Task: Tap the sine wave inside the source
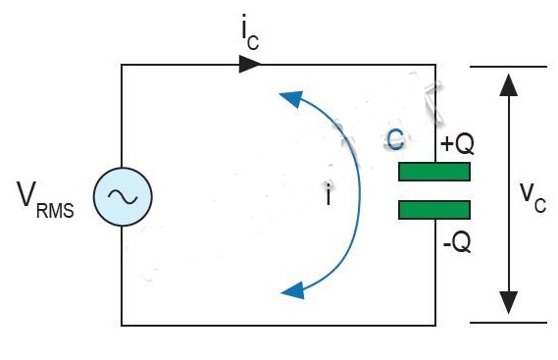[x=123, y=196]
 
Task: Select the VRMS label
[x=45, y=199]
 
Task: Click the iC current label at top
[x=250, y=32]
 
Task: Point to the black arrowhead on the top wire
[x=250, y=65]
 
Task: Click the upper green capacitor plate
[x=434, y=172]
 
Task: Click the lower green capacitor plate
[x=434, y=209]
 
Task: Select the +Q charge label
[x=457, y=144]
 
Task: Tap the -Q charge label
[x=457, y=243]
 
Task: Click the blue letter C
[x=395, y=139]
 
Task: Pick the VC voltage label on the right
[x=533, y=197]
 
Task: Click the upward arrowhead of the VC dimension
[x=509, y=84]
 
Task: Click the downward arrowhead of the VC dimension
[x=509, y=303]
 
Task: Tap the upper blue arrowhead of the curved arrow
[x=292, y=98]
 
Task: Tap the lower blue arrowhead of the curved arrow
[x=293, y=290]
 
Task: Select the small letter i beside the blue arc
[x=329, y=195]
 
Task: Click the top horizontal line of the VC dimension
[x=508, y=67]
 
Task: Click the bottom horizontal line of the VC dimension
[x=508, y=323]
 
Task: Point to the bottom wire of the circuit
[x=279, y=325]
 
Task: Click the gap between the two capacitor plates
[x=434, y=191]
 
